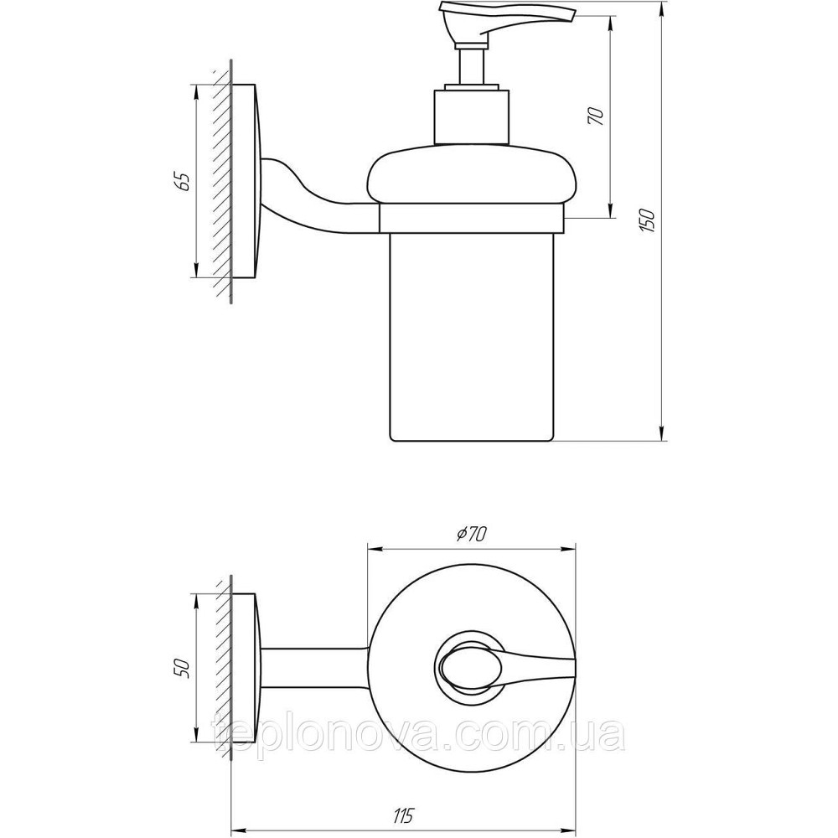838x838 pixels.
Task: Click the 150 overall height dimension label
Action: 647,219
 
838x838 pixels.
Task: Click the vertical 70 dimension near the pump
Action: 597,116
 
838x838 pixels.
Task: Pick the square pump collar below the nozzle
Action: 470,115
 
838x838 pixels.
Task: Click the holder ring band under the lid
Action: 471,220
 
